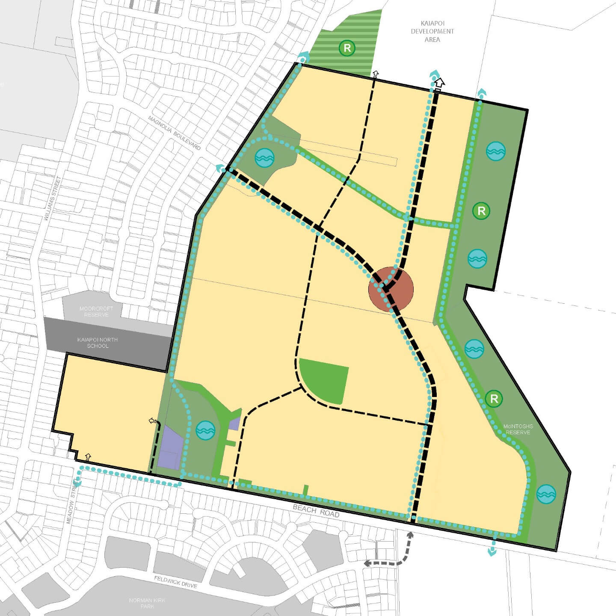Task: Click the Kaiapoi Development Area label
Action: coord(432,31)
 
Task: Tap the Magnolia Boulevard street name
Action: coord(175,133)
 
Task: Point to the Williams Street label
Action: coord(53,198)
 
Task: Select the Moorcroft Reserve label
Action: coord(96,311)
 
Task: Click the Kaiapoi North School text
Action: coord(98,343)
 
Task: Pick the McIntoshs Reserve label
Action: coord(518,429)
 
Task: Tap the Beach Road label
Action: coord(316,511)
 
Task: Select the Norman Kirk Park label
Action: coord(147,603)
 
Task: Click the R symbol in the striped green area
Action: coord(347,48)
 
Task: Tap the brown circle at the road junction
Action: coord(391,289)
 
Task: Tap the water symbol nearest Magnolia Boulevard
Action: coord(264,158)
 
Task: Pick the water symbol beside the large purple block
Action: coord(205,430)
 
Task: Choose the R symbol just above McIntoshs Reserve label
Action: coord(494,399)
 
